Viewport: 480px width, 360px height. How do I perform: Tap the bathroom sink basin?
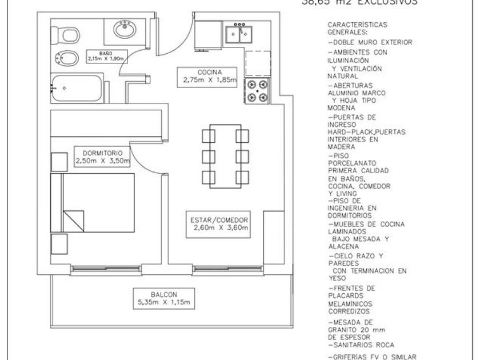pyautogui.click(x=123, y=28)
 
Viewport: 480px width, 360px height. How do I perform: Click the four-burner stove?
pyautogui.click(x=257, y=91)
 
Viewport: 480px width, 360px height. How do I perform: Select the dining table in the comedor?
pyautogui.click(x=226, y=155)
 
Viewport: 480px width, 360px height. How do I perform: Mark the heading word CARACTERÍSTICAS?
pyautogui.click(x=357, y=25)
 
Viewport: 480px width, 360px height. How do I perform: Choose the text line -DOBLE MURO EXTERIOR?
pyautogui.click(x=370, y=42)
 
